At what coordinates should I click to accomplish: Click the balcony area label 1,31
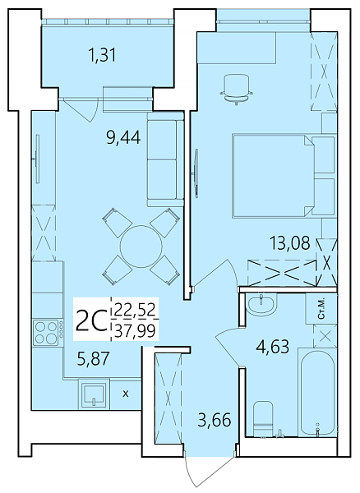coord(104,56)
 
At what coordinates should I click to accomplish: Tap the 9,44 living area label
coord(122,137)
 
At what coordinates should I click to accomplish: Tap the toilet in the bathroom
coord(262,418)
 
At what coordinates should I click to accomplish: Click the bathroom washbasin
coord(263,306)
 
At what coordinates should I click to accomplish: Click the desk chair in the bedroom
coord(236,87)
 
